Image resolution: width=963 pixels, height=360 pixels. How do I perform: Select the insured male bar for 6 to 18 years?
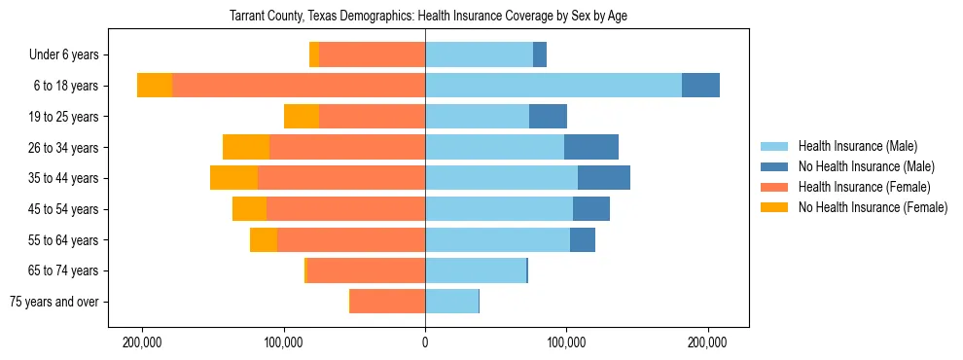point(553,86)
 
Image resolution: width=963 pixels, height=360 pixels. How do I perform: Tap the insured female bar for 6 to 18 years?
point(299,86)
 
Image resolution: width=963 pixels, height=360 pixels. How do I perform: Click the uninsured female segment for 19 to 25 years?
point(302,117)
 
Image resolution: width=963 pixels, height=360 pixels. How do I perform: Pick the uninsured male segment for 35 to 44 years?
point(604,178)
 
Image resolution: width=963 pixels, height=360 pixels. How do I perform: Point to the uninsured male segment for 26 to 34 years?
point(591,147)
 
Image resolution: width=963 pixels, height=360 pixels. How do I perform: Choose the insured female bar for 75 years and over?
point(387,302)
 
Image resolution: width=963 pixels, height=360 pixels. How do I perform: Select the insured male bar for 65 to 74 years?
point(475,270)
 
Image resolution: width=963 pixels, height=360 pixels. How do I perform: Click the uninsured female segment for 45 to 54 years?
point(249,209)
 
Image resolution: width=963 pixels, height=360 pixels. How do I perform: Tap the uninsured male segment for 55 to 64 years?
point(583,239)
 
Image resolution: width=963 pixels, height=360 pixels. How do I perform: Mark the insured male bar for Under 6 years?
point(479,55)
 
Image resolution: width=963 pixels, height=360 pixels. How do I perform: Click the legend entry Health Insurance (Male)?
point(857,146)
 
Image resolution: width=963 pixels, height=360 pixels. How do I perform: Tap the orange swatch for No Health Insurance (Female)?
point(774,207)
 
